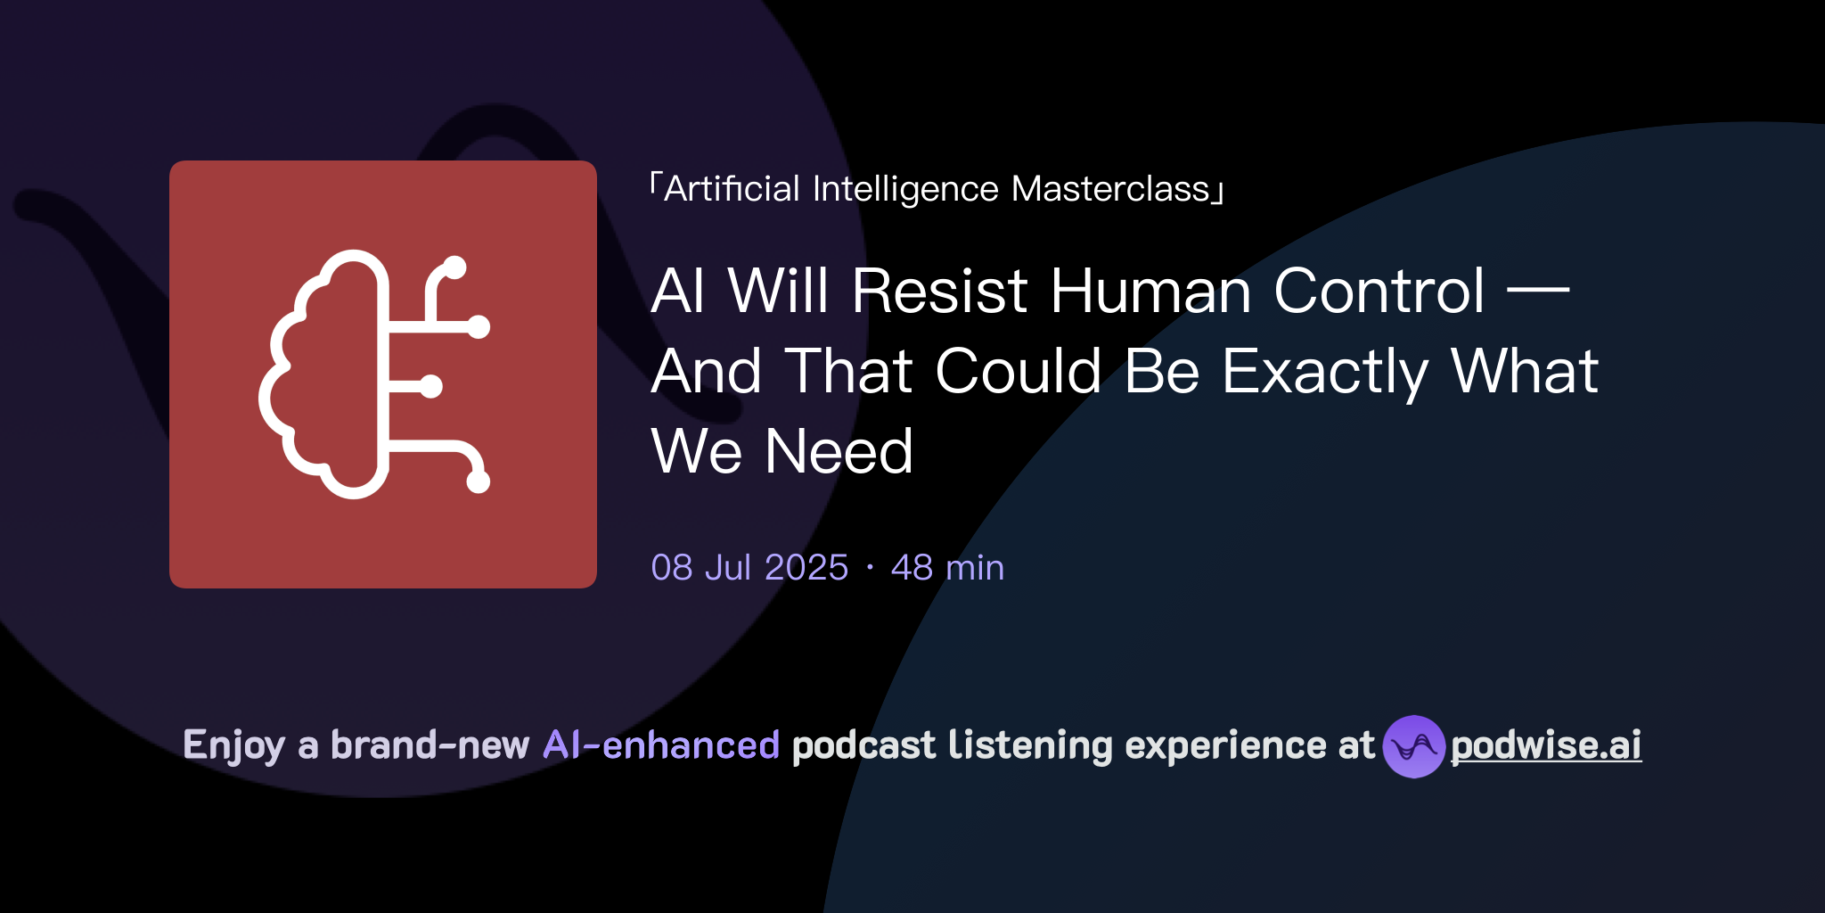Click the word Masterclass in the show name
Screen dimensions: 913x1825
coord(1110,189)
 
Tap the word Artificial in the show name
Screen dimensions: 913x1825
coord(732,189)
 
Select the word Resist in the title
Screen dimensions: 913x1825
coord(940,291)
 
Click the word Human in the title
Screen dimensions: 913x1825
coord(1150,291)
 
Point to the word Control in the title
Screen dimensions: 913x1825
coord(1379,291)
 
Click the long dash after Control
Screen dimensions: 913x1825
coord(1537,289)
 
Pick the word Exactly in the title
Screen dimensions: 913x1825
coord(1325,371)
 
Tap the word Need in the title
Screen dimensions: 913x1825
coord(839,451)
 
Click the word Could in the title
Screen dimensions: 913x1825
coord(1019,371)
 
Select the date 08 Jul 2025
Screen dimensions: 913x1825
coord(749,568)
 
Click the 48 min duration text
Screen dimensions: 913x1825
coord(947,568)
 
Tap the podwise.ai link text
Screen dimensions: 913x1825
coord(1546,745)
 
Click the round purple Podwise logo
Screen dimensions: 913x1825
coord(1413,746)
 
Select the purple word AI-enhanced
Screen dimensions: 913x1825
coord(661,745)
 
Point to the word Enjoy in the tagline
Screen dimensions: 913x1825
coord(233,745)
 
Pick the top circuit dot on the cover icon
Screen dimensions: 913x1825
coord(454,267)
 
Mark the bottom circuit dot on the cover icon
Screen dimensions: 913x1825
coord(479,481)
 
